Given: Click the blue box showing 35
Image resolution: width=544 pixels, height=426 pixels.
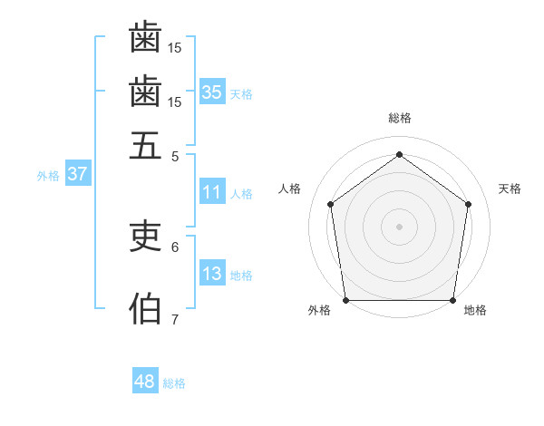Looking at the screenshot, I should [x=212, y=92].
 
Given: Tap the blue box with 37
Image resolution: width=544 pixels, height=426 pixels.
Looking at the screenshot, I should [x=77, y=174].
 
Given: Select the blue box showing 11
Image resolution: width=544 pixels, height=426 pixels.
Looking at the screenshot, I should [x=212, y=192].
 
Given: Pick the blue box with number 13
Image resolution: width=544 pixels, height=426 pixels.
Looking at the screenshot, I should [x=212, y=274].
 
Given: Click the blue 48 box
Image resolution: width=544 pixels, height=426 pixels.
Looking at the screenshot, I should [x=145, y=382].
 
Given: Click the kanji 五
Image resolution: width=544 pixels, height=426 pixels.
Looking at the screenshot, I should [x=145, y=145].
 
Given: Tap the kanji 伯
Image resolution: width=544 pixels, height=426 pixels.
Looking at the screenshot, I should [x=145, y=309].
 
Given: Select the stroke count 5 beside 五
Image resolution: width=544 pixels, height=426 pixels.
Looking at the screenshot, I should [x=175, y=156].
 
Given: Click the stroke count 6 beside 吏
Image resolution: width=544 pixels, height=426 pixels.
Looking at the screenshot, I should [x=175, y=247].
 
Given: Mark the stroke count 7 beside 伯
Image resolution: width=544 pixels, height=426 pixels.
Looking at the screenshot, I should [x=175, y=319].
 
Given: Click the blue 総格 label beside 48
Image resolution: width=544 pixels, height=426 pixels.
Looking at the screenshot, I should [x=174, y=383].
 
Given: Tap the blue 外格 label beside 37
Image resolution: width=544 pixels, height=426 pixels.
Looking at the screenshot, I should [x=48, y=176].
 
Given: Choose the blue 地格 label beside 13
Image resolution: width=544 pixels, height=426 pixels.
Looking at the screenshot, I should [x=241, y=276].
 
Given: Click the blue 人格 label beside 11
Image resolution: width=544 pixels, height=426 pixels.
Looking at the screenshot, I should [x=241, y=194].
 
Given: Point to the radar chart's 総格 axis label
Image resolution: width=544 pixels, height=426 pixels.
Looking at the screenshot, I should [x=399, y=119].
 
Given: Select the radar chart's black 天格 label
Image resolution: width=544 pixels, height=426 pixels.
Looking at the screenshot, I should [x=510, y=189].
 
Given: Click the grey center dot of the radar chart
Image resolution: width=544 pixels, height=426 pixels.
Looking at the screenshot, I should [x=399, y=226].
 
